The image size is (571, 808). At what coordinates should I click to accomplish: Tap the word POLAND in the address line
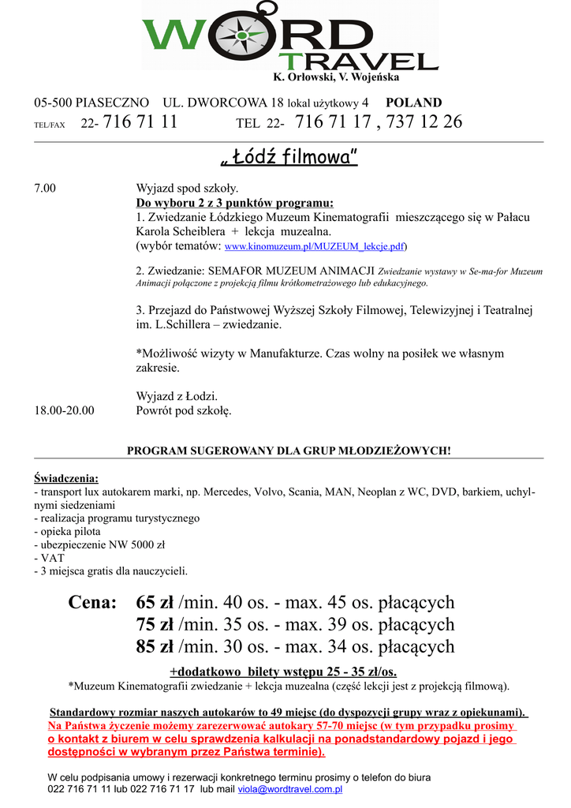(413, 103)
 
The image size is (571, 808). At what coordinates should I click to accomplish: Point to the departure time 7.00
(45, 189)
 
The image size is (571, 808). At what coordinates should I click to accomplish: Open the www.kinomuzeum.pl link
(315, 246)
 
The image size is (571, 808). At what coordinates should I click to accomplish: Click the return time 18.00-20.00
(64, 410)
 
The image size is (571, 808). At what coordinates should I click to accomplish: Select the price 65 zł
(155, 603)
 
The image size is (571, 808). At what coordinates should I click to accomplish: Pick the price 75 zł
(155, 625)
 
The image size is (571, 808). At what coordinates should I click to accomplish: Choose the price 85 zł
(155, 647)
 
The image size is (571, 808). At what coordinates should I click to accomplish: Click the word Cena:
(92, 603)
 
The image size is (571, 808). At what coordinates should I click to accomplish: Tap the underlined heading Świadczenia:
(66, 479)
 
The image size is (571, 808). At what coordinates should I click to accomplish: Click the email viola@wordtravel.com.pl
(289, 788)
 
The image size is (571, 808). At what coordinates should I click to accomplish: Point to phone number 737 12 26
(425, 122)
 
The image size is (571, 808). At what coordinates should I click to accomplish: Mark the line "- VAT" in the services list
(49, 558)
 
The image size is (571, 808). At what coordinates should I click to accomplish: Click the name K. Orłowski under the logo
(302, 77)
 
